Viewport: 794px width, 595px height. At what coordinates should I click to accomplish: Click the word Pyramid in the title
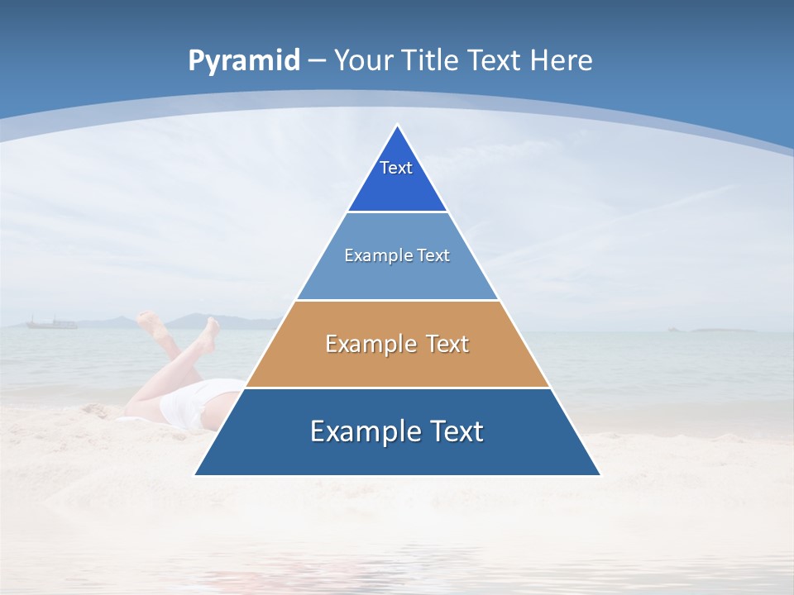(x=244, y=60)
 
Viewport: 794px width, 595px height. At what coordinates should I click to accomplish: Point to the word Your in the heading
(x=364, y=60)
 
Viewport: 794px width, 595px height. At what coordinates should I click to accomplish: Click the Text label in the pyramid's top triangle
(x=396, y=168)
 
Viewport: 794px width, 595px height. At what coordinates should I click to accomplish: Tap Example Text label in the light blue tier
(x=397, y=255)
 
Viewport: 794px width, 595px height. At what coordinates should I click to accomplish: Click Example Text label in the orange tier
(x=397, y=344)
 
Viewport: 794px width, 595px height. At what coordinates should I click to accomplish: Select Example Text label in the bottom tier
(x=397, y=431)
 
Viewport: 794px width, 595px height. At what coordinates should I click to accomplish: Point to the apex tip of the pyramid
(x=398, y=126)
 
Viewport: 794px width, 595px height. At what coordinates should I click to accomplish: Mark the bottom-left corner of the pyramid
(x=196, y=474)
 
